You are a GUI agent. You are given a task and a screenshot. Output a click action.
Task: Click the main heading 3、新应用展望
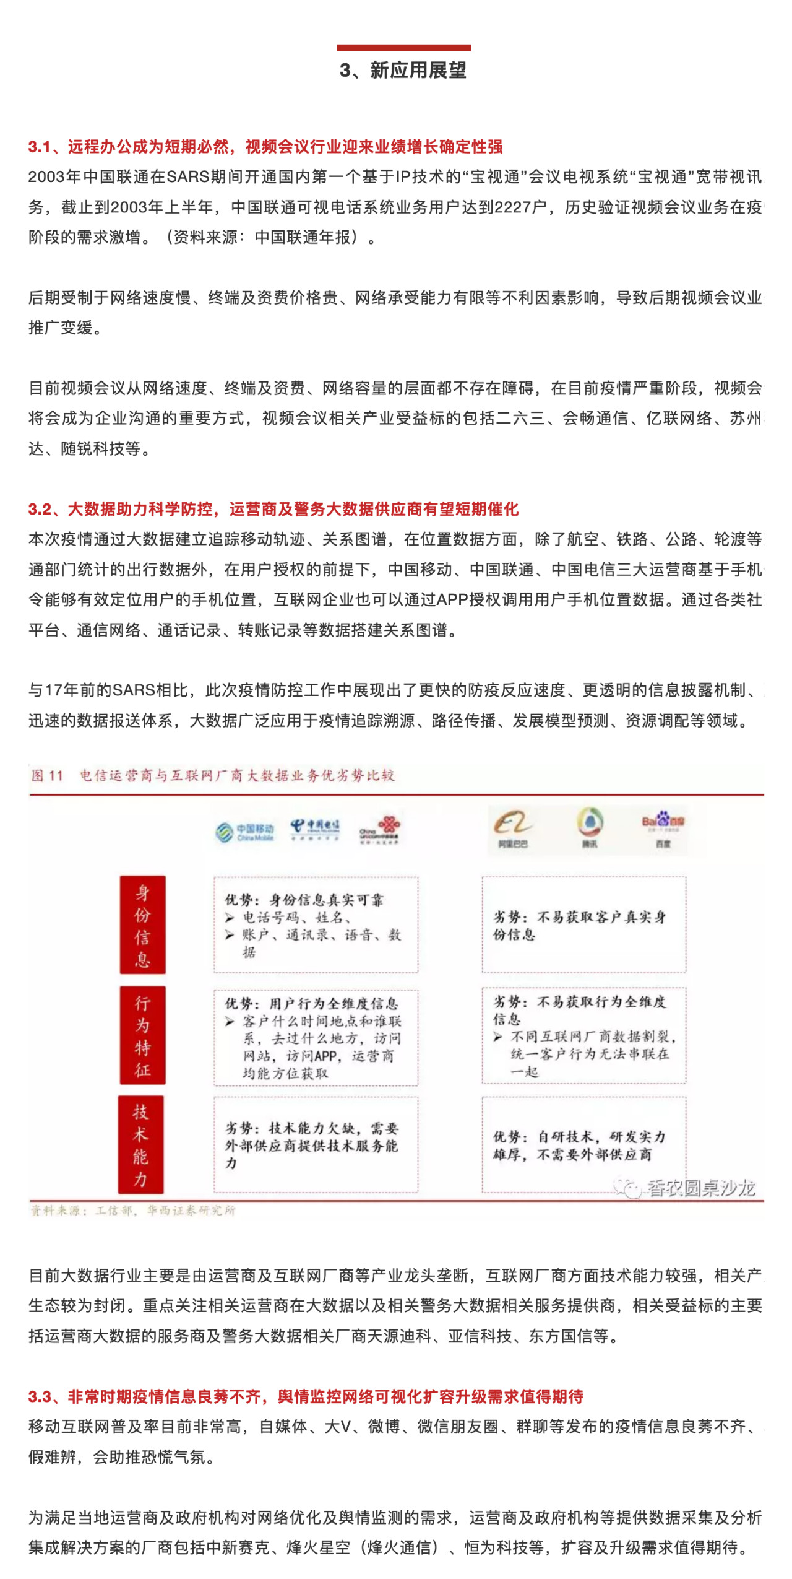tap(403, 71)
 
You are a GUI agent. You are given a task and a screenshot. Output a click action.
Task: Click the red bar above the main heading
tap(403, 48)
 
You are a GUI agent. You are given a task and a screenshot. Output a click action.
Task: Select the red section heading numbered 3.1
tap(265, 147)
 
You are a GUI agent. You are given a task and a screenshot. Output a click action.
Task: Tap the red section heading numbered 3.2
tap(273, 509)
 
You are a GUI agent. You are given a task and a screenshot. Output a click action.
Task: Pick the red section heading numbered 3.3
tap(306, 1396)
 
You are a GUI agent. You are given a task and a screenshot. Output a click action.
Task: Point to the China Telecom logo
tap(315, 829)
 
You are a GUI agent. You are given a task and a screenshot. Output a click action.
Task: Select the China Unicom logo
tap(380, 830)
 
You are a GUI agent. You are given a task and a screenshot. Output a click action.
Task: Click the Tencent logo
tap(589, 827)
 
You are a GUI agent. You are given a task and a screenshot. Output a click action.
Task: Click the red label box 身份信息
tap(142, 924)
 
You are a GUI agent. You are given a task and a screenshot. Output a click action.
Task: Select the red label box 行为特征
tap(142, 1035)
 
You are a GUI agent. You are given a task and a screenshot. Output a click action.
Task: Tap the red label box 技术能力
tap(141, 1144)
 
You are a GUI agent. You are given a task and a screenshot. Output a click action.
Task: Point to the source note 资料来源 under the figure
tap(133, 1210)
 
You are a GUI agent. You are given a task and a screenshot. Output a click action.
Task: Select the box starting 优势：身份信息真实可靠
tap(316, 924)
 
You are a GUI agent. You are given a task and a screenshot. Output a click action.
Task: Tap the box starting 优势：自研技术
tap(583, 1144)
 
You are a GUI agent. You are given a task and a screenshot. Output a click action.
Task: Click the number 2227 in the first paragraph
tap(514, 207)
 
